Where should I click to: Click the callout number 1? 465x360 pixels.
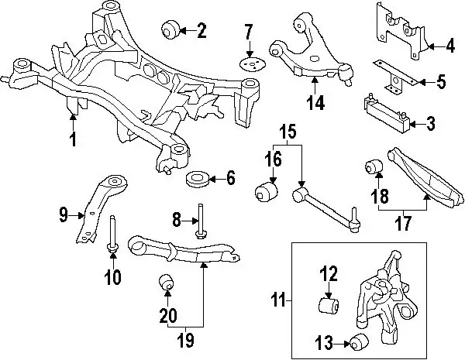point(73,139)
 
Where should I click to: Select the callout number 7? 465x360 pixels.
point(248,33)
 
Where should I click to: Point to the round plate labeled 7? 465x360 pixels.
point(250,64)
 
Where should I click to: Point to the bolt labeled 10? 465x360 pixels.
point(112,232)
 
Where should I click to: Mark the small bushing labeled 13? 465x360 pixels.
point(359,341)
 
